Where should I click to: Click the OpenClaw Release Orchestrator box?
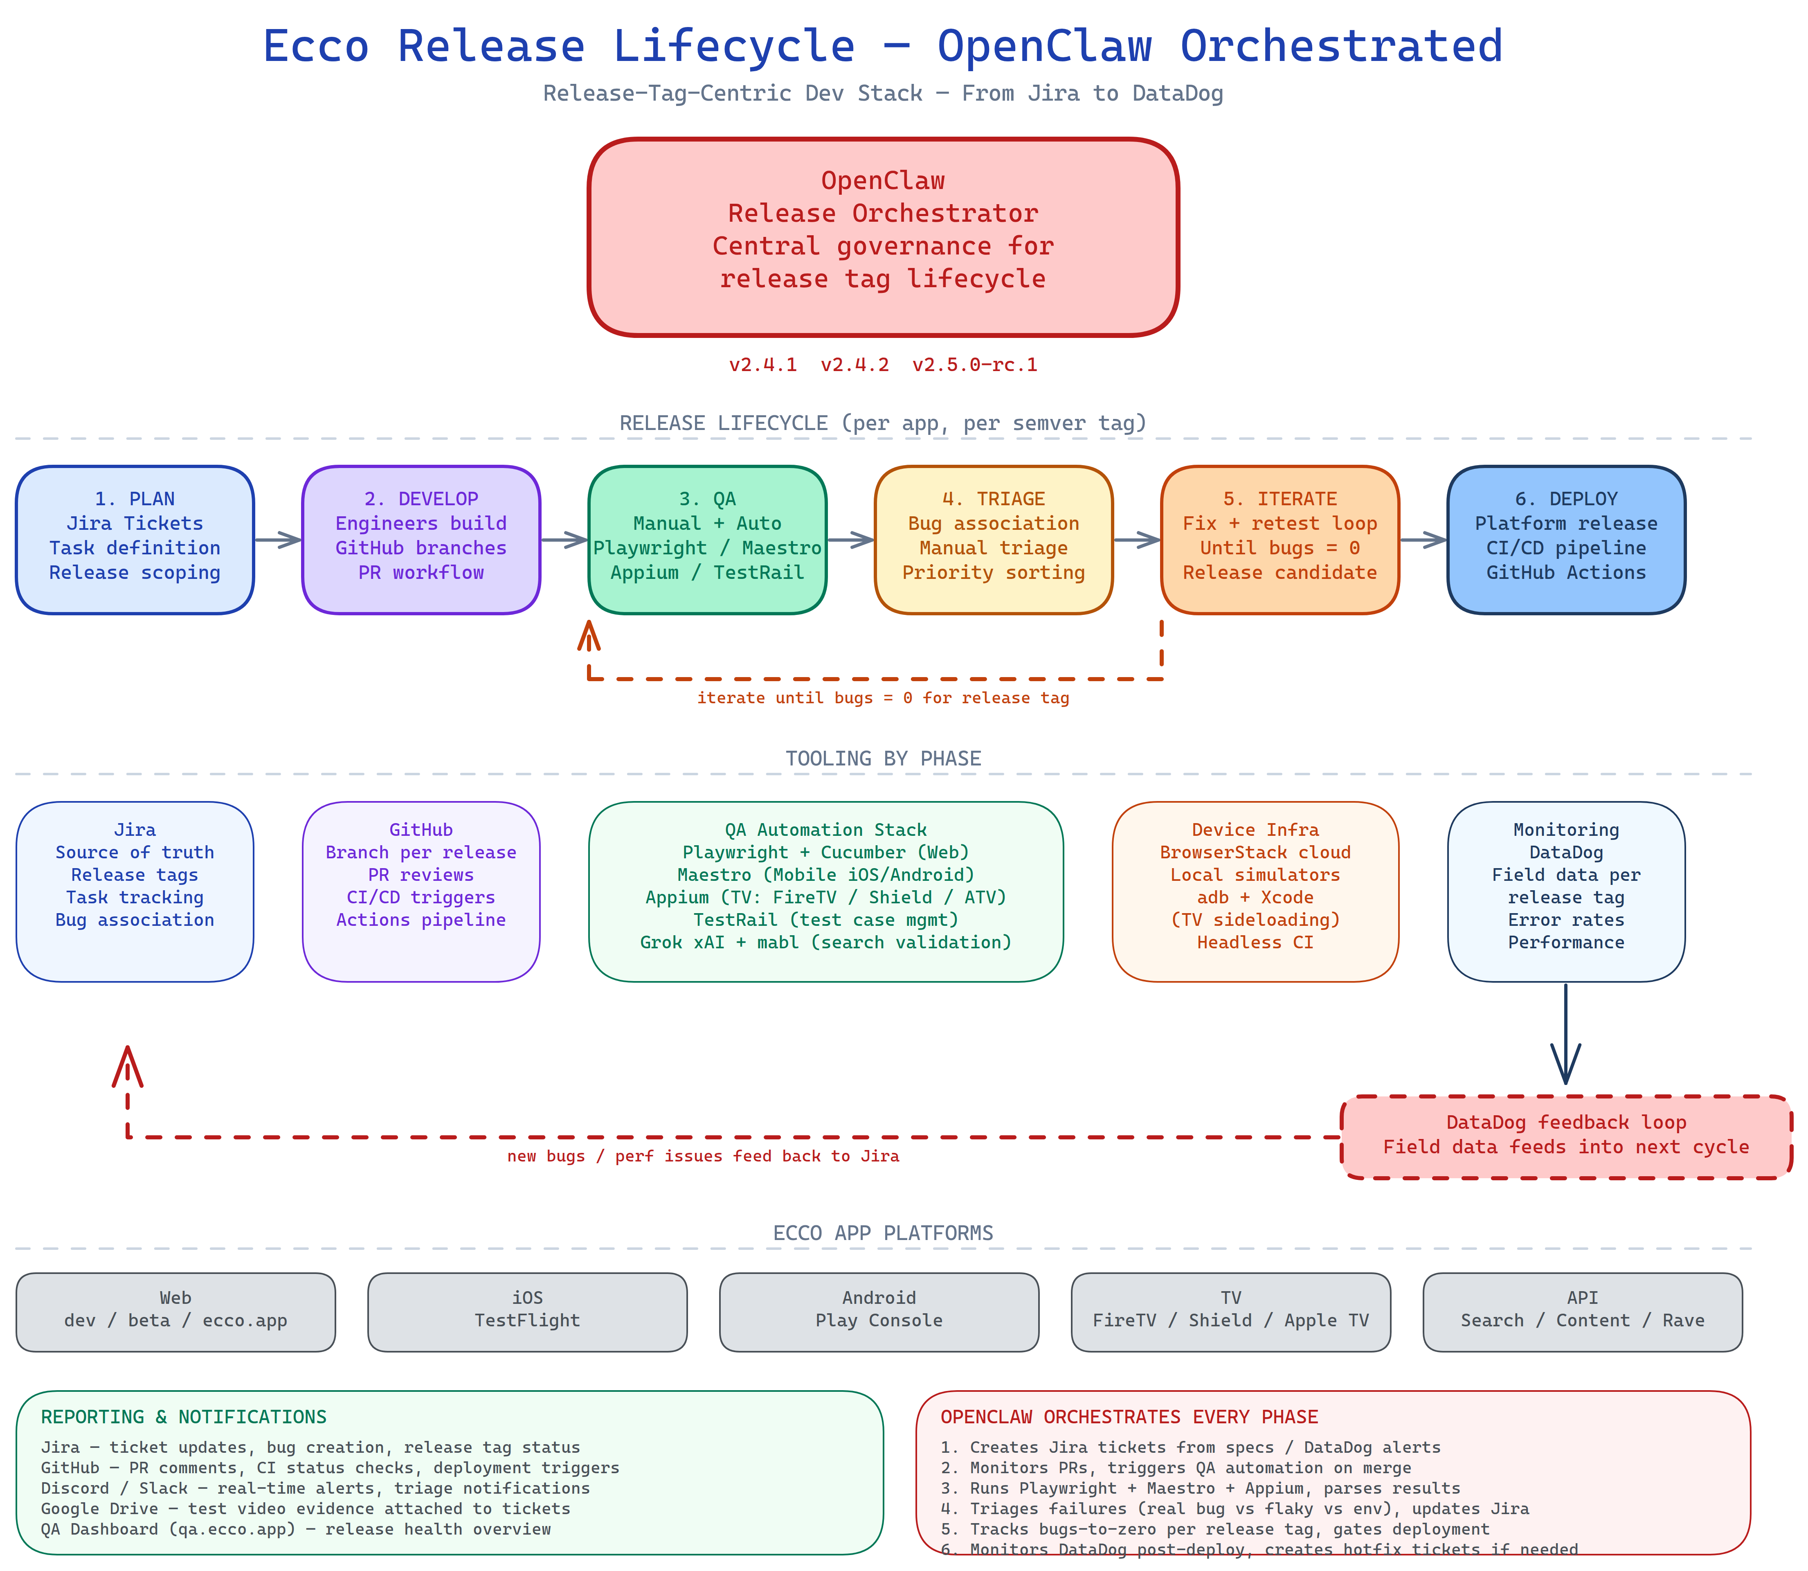point(883,237)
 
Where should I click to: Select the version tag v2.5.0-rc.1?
point(974,365)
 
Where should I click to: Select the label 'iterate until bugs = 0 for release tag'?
point(883,698)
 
